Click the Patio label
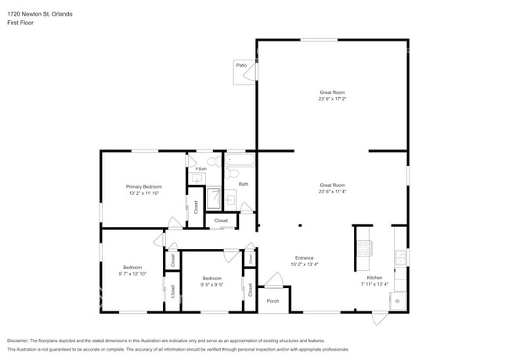[x=242, y=67]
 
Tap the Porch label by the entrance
[x=273, y=301]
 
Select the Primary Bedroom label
[x=144, y=186]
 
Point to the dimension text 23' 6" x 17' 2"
[x=332, y=99]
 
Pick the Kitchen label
[x=374, y=279]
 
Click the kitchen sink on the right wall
[x=401, y=256]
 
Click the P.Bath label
[x=200, y=169]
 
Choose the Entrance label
[x=304, y=257]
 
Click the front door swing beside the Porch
[x=273, y=279]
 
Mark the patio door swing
[x=250, y=74]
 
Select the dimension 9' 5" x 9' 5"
[x=212, y=285]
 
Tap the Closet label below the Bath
[x=222, y=221]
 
